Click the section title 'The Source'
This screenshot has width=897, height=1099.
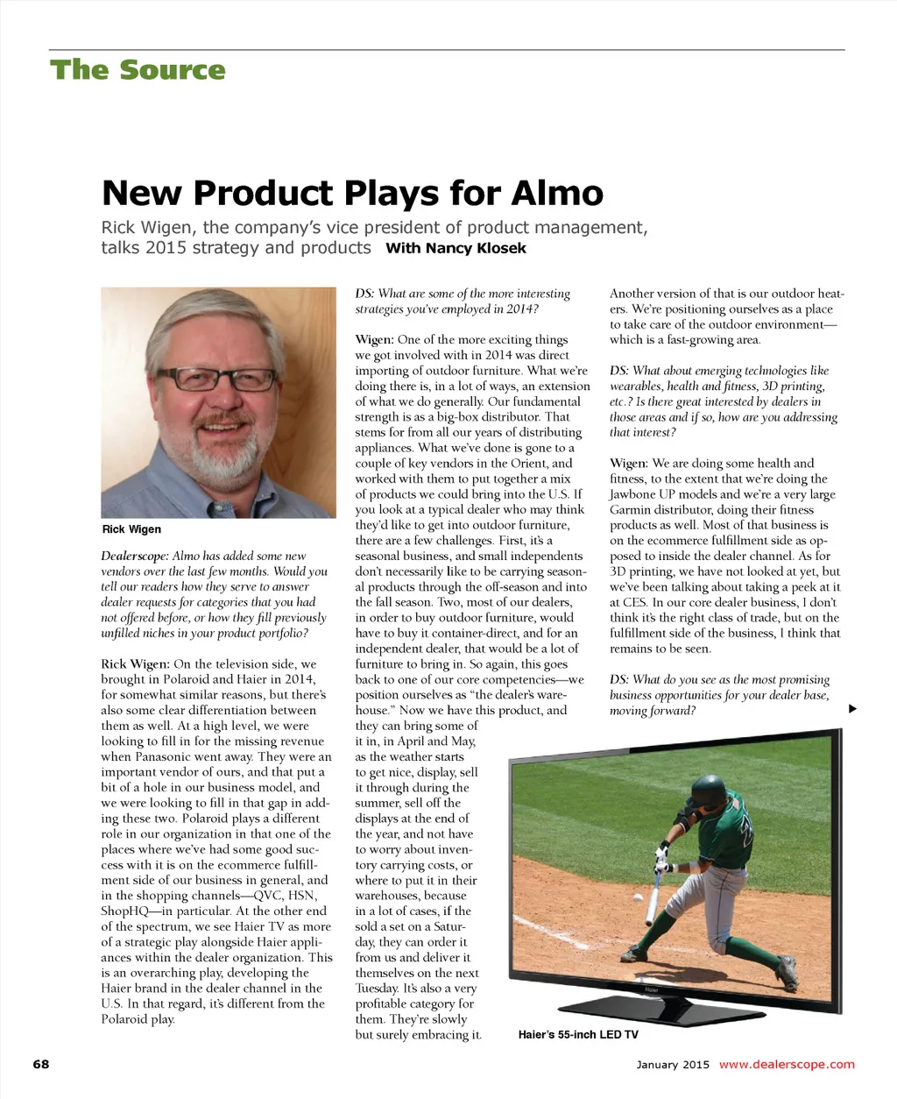click(138, 70)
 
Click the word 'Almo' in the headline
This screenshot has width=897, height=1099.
click(557, 193)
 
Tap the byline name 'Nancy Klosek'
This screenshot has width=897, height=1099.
click(476, 248)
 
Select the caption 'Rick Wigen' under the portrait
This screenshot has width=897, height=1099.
click(131, 529)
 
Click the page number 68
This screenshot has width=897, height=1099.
click(41, 1064)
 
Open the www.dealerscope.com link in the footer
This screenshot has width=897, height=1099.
click(786, 1065)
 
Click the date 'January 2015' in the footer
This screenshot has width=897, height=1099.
click(673, 1065)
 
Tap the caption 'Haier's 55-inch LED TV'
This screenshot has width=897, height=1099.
click(578, 1035)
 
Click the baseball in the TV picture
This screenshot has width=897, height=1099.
click(637, 898)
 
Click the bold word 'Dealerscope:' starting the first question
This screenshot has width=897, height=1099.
click(134, 557)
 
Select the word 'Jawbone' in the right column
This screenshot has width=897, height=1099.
click(633, 494)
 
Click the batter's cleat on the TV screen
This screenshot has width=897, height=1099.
click(787, 970)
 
